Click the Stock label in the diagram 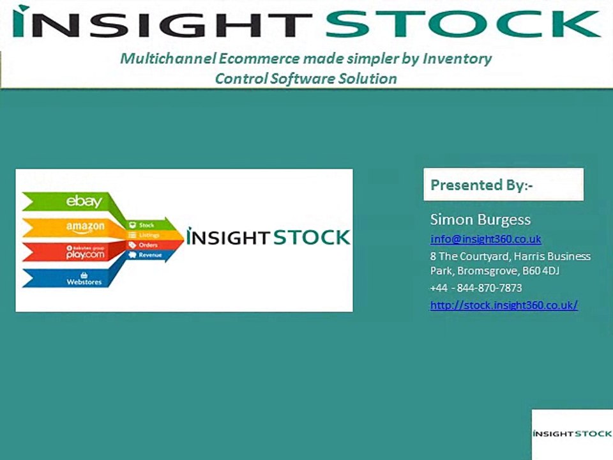146,225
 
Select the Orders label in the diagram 148,245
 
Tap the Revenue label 150,255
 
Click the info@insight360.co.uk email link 485,239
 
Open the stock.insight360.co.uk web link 504,305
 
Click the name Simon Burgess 480,220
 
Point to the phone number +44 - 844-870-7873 476,287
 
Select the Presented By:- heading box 503,185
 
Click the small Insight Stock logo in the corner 571,434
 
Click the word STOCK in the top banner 462,24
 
